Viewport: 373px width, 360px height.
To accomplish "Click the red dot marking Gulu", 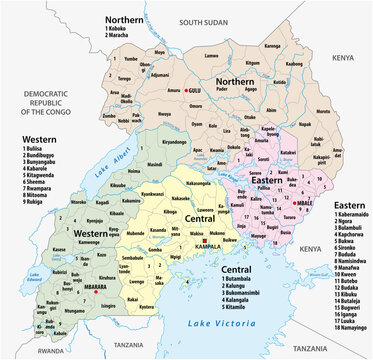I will pyautogui.click(x=186, y=92).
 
